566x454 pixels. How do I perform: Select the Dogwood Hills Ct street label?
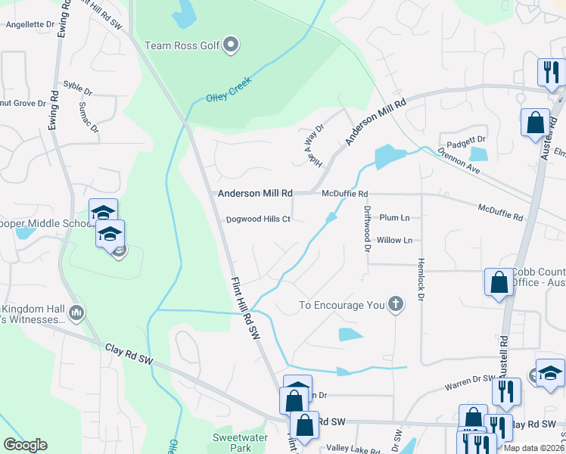pyautogui.click(x=258, y=220)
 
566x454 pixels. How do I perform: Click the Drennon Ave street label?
pyautogui.click(x=462, y=161)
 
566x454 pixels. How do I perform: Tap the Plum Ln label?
pyautogui.click(x=394, y=218)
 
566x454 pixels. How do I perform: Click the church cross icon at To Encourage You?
pyautogui.click(x=394, y=305)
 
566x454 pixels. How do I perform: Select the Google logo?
pyautogui.click(x=25, y=444)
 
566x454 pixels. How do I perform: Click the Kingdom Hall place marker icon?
pyautogui.click(x=76, y=313)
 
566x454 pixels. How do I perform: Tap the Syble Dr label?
pyautogui.click(x=77, y=85)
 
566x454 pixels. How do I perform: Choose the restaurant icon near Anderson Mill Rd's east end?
pyautogui.click(x=549, y=72)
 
